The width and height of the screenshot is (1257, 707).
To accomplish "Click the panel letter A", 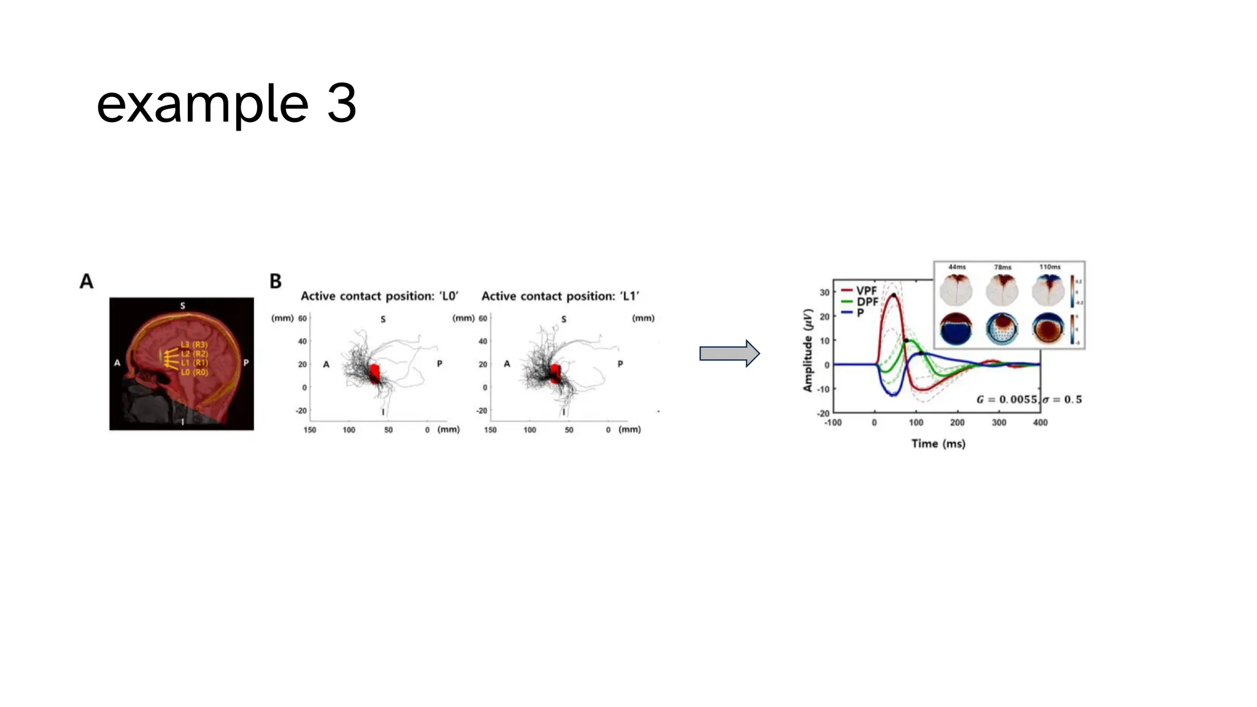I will click(x=87, y=282).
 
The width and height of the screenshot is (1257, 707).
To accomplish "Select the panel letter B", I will click(x=276, y=282).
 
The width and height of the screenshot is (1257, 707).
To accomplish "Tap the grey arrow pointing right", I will click(x=729, y=353).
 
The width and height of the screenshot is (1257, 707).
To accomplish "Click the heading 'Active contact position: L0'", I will click(x=379, y=296).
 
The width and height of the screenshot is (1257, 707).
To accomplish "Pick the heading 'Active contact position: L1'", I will click(x=560, y=296).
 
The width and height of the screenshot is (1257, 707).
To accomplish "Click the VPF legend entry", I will click(x=866, y=290).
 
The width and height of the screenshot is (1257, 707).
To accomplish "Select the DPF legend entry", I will click(x=867, y=301).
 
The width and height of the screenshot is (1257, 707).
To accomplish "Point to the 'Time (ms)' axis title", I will click(x=938, y=444).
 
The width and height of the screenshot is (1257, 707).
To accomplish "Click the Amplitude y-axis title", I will click(x=808, y=350).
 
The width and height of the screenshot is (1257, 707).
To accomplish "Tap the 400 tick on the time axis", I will click(x=1040, y=423).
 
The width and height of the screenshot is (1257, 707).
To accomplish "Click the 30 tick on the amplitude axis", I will click(x=824, y=293).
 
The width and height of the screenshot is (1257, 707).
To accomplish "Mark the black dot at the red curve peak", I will click(x=894, y=296).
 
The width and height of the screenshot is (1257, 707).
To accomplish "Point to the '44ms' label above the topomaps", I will click(x=957, y=267).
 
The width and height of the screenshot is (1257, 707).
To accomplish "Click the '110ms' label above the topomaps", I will click(x=1050, y=267).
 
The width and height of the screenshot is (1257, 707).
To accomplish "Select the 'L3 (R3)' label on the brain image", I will click(x=194, y=345).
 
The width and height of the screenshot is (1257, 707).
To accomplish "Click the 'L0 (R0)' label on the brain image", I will click(x=194, y=373).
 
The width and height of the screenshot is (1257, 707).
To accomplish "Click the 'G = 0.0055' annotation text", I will click(x=1007, y=400).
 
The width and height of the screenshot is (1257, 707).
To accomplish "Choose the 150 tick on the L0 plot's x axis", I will click(x=310, y=430).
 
